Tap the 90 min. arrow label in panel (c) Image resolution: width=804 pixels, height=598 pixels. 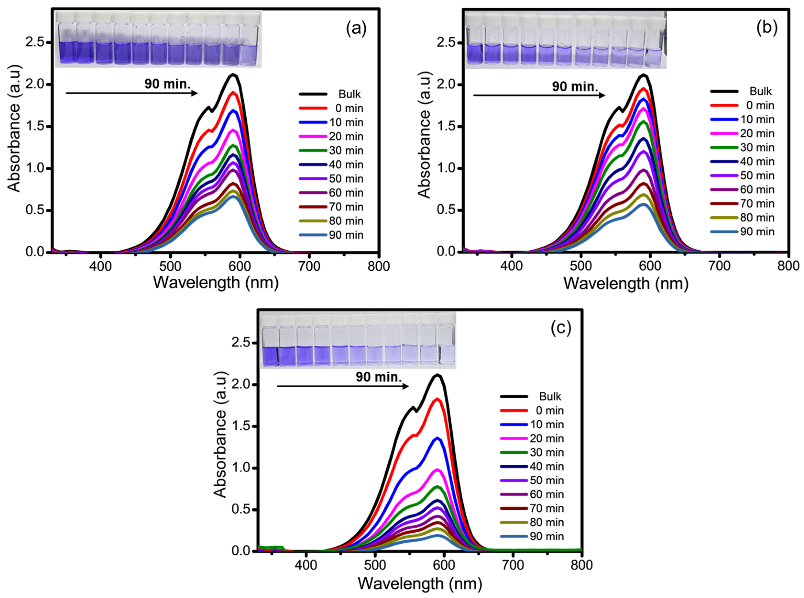pyautogui.click(x=378, y=377)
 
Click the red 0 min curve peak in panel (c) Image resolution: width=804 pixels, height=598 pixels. pyautogui.click(x=438, y=399)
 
